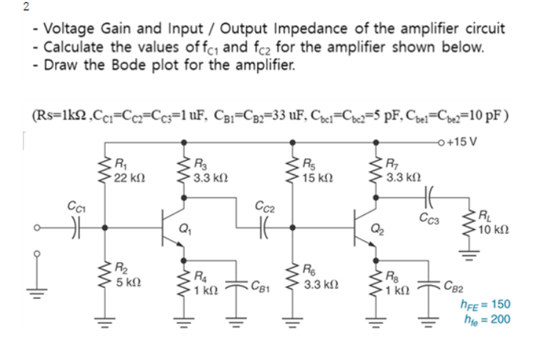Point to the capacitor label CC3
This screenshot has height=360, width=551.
pos(428,216)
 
